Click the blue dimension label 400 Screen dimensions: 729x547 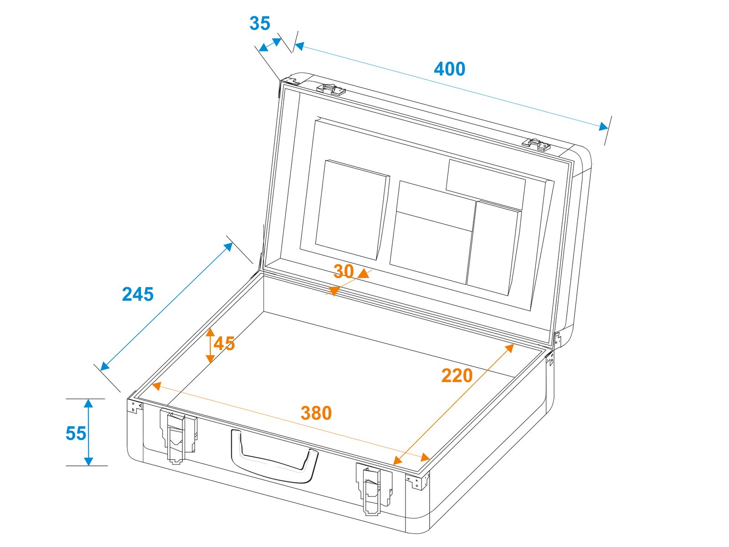point(449,69)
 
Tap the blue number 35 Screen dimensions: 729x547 point(260,23)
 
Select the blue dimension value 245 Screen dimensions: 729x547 point(138,294)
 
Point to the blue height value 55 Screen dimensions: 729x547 point(76,433)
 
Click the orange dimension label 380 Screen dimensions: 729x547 point(316,413)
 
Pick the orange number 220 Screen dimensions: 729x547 point(457,376)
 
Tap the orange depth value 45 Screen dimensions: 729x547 point(224,343)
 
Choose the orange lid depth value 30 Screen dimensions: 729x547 point(344,271)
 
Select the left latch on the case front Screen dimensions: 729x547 point(178,436)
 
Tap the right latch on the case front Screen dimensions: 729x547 point(374,489)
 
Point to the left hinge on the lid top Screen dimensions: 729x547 point(331,90)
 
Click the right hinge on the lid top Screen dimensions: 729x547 point(536,145)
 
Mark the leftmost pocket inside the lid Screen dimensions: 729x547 point(352,210)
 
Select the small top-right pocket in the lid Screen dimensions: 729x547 point(485,185)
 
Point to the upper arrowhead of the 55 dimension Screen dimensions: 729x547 point(88,403)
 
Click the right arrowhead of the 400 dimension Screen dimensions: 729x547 point(603,127)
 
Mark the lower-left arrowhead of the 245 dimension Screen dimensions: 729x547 point(104,366)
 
